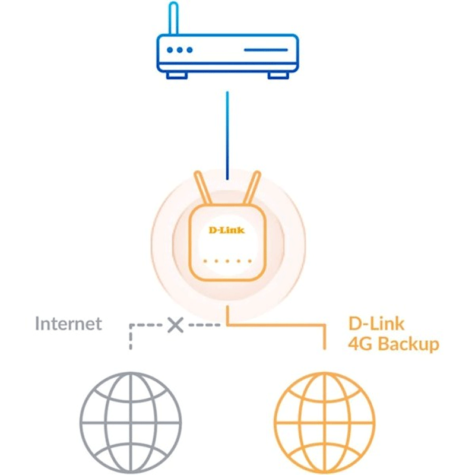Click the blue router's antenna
[173, 18]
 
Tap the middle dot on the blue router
[180, 50]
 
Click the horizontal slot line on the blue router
[265, 50]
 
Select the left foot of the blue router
[177, 75]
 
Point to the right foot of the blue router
[278, 75]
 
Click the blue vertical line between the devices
[227, 136]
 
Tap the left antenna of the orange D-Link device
[202, 188]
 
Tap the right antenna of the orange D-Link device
[252, 188]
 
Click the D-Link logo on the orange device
[227, 230]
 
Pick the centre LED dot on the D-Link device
[227, 261]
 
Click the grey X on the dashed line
[175, 325]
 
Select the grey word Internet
[68, 324]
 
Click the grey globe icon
[131, 423]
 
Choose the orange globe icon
[324, 423]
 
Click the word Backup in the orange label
[408, 344]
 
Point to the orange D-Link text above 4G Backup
[376, 324]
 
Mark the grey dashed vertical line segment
[131, 337]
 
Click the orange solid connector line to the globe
[276, 325]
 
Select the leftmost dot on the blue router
[170, 50]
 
